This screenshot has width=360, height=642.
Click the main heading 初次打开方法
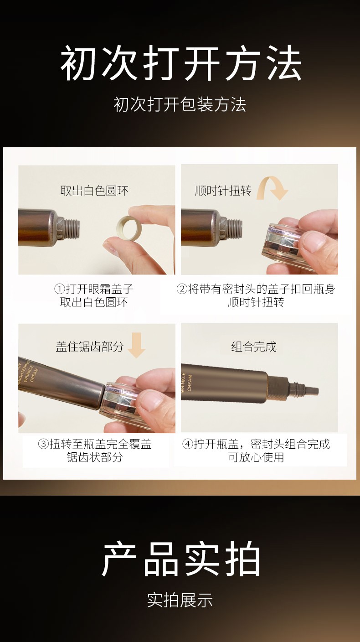pos(181,63)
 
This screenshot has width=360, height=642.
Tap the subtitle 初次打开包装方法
pos(180,104)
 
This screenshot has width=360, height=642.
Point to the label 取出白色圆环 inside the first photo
pos(94,191)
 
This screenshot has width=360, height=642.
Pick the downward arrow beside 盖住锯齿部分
pos(137,345)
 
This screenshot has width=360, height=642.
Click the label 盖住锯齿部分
pos(90,347)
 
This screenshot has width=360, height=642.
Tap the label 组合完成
pos(254,347)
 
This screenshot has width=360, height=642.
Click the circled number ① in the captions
pos(60,289)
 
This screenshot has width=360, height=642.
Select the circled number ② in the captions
pos(182,289)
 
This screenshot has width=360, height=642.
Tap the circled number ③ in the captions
pos(44,444)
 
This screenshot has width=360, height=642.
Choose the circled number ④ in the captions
pos(188,444)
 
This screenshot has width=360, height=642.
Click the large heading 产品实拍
pos(181,559)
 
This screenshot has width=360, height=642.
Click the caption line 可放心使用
pos(256,457)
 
